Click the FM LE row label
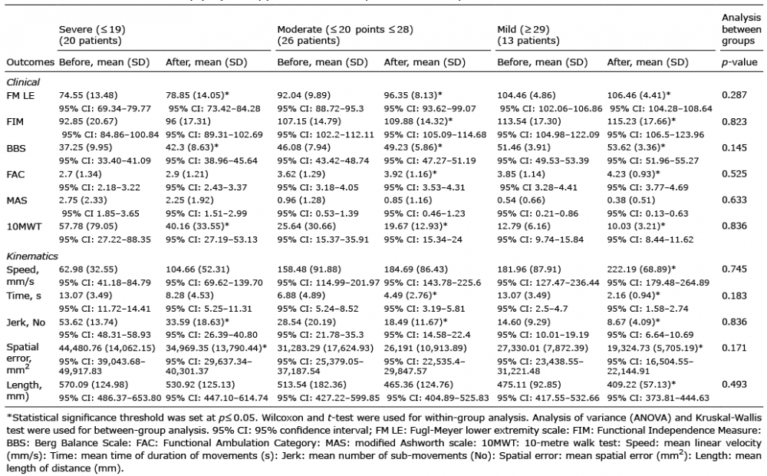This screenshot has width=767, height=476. tap(21, 95)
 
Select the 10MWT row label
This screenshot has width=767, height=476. tap(24, 226)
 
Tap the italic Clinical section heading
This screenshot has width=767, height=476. tap(23, 82)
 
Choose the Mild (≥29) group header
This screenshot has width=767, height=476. tap(528, 35)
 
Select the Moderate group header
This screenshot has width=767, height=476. tap(345, 35)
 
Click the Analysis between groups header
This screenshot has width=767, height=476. tap(742, 29)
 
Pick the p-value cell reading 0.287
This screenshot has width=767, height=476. tap(734, 95)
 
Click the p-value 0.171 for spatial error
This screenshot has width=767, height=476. tap(734, 348)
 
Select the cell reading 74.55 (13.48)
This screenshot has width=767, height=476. tap(88, 95)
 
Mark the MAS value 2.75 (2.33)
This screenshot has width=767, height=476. tap(83, 200)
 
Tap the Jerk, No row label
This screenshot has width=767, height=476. tap(26, 322)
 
